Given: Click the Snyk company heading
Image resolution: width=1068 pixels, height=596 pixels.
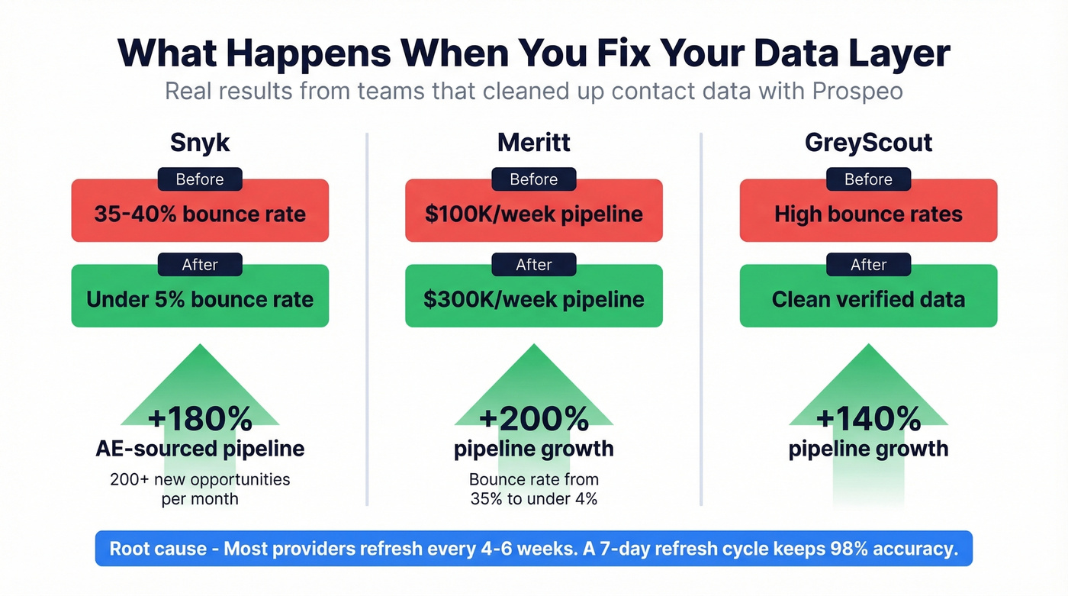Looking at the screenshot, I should point(200,142).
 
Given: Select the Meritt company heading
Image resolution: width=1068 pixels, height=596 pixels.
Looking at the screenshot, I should point(533,142).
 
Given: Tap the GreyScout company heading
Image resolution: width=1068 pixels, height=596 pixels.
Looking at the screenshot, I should point(868,142).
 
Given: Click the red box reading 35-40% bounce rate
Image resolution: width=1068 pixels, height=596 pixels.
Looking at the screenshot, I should point(200,214).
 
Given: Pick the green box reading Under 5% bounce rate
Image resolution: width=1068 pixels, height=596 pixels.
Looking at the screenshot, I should point(200,300).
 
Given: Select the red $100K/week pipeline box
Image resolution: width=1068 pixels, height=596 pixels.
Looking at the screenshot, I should point(533,214).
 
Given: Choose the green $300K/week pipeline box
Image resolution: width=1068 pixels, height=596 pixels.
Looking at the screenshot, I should point(533,300).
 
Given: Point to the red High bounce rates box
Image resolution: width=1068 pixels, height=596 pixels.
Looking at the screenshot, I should point(868,214).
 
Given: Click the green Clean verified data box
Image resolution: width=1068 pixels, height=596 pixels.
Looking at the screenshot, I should point(868,300).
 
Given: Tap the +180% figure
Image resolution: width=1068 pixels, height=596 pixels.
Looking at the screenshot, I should point(200,419).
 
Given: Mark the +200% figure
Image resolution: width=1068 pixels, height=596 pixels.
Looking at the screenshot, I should point(533,419).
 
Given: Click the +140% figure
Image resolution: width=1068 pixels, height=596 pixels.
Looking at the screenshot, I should point(868,419).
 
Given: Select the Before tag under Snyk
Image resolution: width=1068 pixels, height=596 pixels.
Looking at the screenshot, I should point(200,180).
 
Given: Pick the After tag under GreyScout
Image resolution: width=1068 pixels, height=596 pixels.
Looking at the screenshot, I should point(868,266).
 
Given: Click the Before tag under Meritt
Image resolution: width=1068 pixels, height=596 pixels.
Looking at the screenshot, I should point(533,180).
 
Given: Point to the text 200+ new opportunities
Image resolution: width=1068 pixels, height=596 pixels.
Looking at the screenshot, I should point(200,480).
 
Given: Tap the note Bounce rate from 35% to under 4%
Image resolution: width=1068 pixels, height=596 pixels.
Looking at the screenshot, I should point(533,489).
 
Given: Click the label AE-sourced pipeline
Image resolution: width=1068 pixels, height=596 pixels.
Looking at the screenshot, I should point(200,449).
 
